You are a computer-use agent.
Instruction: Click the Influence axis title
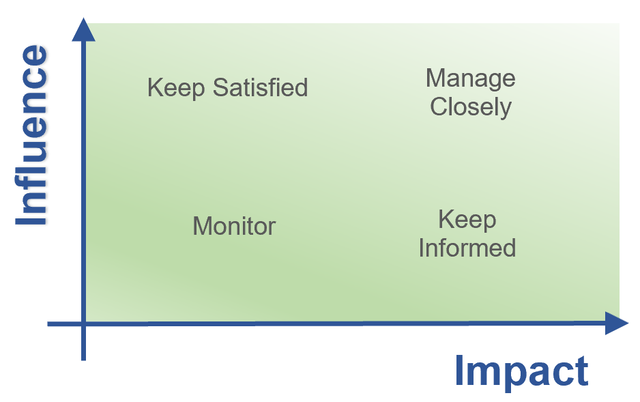(x=31, y=134)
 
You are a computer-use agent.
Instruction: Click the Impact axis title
(x=521, y=371)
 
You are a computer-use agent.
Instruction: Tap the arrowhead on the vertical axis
(x=83, y=29)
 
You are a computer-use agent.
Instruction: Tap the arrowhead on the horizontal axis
(x=616, y=323)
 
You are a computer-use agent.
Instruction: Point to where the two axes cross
(x=83, y=324)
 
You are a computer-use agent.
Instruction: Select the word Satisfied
(x=260, y=87)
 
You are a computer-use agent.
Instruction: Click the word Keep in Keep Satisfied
(x=176, y=88)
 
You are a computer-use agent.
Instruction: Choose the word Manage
(x=470, y=78)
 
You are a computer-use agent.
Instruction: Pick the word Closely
(x=471, y=107)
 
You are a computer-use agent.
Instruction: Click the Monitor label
(x=234, y=226)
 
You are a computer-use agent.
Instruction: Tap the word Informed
(x=467, y=248)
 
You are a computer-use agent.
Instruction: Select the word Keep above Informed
(x=467, y=220)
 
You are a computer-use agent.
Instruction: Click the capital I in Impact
(x=460, y=371)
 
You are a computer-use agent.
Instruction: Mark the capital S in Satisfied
(x=220, y=87)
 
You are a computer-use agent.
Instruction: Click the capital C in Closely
(x=438, y=107)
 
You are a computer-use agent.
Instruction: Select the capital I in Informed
(x=421, y=248)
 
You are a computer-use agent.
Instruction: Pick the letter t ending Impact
(x=582, y=372)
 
